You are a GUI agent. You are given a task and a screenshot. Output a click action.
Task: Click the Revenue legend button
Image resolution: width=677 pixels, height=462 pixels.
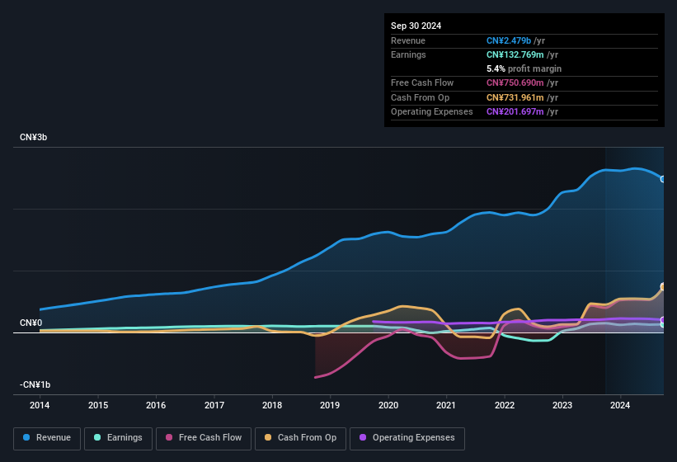coord(48,438)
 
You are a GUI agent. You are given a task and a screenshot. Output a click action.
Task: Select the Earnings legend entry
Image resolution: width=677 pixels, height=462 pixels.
coord(118,438)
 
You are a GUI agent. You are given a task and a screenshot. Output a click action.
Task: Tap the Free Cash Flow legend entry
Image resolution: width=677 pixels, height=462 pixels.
coord(204,438)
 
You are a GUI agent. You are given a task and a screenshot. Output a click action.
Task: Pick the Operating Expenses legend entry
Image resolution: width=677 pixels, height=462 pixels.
coord(407,438)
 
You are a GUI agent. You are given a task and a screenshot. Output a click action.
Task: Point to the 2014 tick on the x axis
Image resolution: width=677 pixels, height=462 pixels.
coord(40,405)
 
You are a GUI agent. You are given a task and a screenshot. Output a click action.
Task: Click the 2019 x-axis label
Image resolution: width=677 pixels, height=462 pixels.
coord(330,405)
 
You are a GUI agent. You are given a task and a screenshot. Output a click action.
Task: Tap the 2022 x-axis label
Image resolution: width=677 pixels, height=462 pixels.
coord(504,405)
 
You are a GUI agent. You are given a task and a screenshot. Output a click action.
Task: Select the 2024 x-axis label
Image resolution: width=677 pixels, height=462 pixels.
coord(620,405)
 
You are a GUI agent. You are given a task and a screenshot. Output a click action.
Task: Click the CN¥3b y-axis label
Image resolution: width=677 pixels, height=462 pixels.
coord(34,137)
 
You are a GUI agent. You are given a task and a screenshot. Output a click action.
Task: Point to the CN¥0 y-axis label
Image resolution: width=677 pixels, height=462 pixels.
coord(31,323)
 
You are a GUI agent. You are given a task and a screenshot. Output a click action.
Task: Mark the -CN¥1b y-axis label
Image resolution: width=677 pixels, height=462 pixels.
coord(35,384)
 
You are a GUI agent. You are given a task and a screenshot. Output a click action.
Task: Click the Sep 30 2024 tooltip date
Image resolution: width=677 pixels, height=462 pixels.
coord(416,26)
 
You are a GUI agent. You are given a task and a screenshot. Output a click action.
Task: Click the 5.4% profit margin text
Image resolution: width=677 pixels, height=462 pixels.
coord(524,68)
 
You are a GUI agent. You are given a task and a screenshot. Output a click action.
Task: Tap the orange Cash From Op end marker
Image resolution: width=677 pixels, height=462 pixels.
coord(662,287)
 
